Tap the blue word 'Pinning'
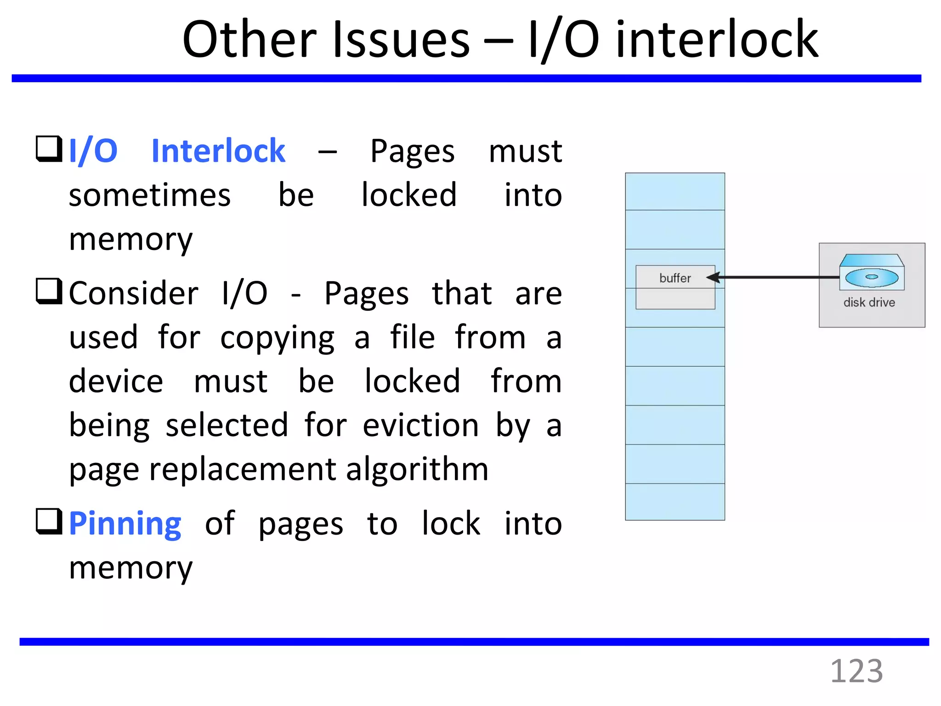[125, 524]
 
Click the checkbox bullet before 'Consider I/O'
[49, 291]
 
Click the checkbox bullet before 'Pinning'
[49, 521]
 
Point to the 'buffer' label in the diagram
[675, 278]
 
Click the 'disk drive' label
[869, 302]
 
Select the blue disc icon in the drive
[872, 277]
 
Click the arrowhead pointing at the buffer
[713, 277]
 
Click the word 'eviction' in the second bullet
[420, 425]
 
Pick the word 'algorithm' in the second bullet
[417, 470]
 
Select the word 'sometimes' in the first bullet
[149, 195]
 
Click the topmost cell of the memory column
[675, 192]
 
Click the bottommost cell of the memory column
[675, 501]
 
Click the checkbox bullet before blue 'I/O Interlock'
[49, 149]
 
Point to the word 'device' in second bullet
[116, 381]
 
